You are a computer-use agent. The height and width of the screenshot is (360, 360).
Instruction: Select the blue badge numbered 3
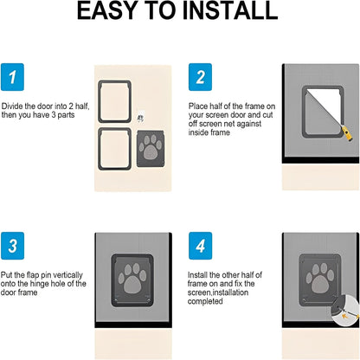coord(13,246)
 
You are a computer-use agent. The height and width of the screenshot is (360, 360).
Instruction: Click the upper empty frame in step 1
coord(115,100)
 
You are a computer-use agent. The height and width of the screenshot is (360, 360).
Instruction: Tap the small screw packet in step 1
coord(140,118)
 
